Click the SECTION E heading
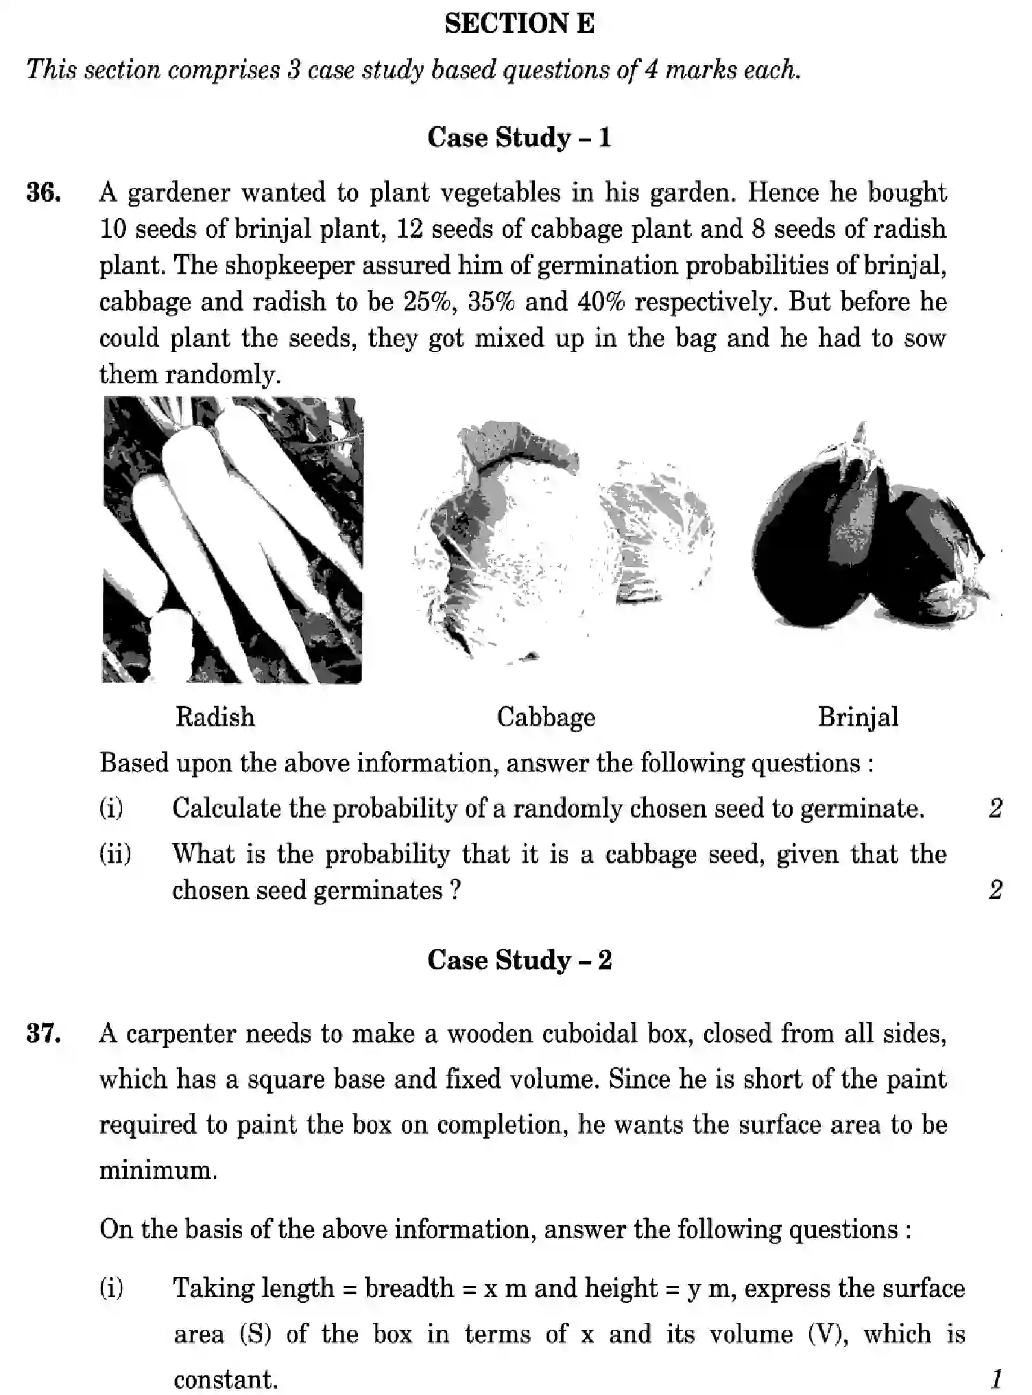coord(519,24)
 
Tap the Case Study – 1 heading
coord(518,137)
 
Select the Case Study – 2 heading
coord(518,959)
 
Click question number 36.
coord(43,193)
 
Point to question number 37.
coord(43,1033)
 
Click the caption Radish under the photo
coord(215,717)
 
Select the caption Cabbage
coord(546,717)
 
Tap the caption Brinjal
coord(858,717)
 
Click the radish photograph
coord(232,540)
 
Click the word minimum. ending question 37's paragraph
coord(158,1169)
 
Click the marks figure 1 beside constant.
coord(996,1378)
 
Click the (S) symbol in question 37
coord(255,1334)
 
